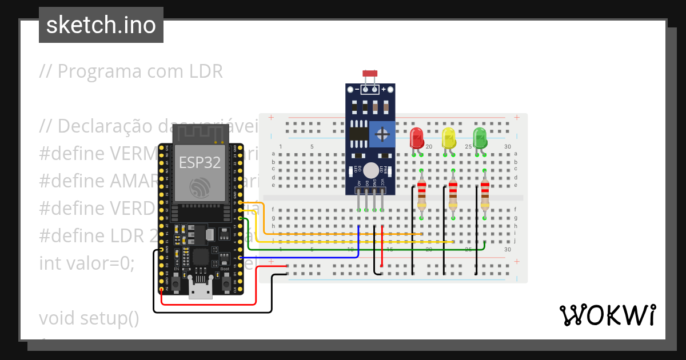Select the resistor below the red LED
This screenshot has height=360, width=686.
coord(421,195)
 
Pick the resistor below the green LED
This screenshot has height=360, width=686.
coord(485,195)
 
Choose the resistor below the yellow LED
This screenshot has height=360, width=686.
coord(453,195)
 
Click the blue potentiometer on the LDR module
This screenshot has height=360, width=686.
coord(381,134)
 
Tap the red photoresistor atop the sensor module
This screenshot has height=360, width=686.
coord(370,74)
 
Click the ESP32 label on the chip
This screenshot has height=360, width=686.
coord(200,163)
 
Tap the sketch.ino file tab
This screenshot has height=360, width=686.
coord(101,25)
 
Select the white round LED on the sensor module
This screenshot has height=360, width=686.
coord(371,170)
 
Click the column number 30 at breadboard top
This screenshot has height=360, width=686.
coord(507,147)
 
